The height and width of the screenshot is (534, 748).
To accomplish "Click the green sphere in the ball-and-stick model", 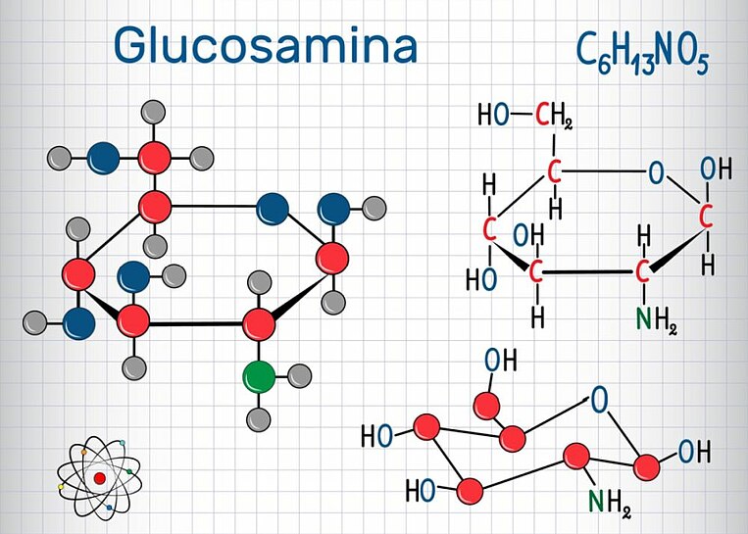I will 259,376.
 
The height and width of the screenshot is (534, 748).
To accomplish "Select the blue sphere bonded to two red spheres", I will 272,208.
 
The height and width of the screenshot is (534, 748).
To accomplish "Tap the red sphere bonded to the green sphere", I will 259,321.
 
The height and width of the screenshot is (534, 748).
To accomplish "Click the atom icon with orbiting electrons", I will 98,477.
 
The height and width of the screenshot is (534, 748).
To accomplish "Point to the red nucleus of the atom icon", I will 98,478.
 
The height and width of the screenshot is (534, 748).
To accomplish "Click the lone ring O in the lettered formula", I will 655,173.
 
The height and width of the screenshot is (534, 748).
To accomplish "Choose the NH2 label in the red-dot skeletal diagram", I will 610,502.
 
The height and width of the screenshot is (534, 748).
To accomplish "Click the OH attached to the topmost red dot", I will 500,360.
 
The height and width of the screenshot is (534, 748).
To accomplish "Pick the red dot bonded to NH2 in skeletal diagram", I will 575,455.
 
